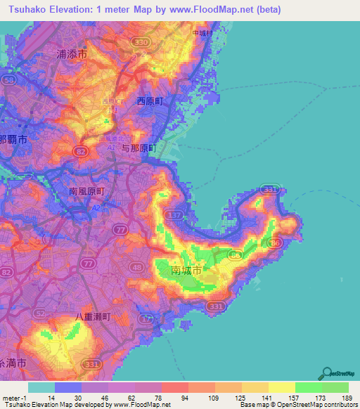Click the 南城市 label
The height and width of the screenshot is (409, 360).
[186, 270]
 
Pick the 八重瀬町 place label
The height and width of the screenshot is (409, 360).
[93, 317]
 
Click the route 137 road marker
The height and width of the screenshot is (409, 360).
[176, 213]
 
